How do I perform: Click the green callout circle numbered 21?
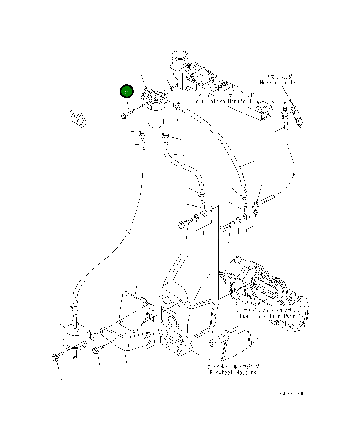(127, 92)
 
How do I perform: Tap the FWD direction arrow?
(77, 118)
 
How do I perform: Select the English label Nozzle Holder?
(278, 82)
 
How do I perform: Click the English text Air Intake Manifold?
(224, 101)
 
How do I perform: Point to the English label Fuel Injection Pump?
(267, 316)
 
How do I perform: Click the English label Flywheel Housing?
(233, 373)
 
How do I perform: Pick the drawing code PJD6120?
(291, 394)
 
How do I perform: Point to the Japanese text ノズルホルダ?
(279, 77)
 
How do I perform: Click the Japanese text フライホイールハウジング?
(233, 366)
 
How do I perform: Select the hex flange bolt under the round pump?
(55, 357)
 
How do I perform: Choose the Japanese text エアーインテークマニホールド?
(224, 96)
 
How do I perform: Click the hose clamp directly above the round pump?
(75, 309)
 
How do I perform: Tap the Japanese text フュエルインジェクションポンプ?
(267, 310)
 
